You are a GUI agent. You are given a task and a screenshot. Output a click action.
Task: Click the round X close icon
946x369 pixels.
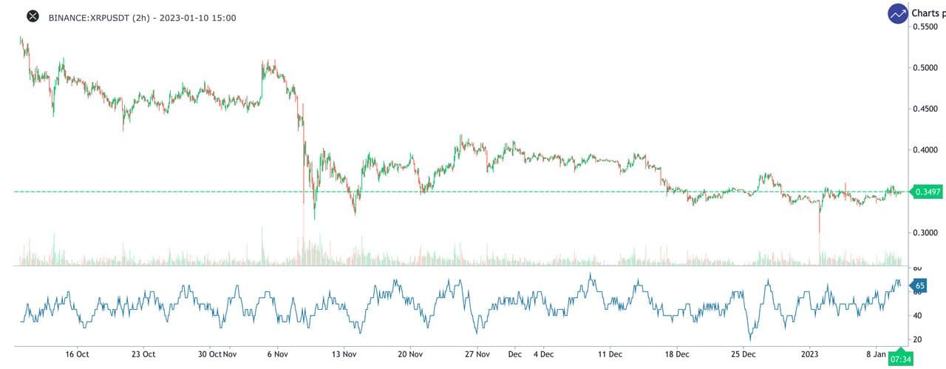click(33, 16)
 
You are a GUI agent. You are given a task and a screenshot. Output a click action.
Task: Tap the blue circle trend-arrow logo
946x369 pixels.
click(898, 13)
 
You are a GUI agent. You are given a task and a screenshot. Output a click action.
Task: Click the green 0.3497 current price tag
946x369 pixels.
click(928, 192)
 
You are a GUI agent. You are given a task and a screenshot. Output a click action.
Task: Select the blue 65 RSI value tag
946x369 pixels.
click(919, 285)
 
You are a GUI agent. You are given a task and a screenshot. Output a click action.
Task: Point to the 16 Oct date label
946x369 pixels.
click(77, 354)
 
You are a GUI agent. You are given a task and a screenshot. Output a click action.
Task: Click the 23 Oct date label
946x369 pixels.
click(143, 354)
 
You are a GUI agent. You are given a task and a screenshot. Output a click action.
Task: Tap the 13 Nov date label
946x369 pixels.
click(344, 354)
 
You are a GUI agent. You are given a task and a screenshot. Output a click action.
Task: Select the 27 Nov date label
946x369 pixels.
click(477, 354)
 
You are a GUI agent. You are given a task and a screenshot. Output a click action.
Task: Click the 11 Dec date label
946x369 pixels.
click(610, 354)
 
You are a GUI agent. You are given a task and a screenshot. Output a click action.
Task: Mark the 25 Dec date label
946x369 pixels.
click(743, 354)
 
